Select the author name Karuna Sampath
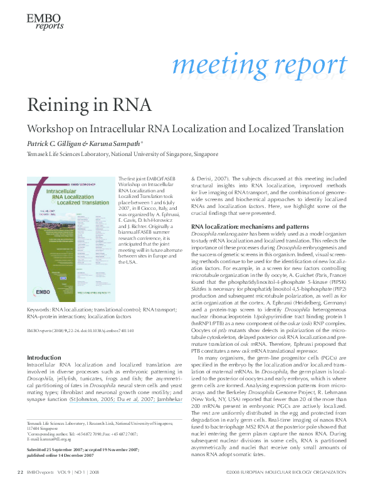coord(110,143)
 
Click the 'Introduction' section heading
coord(44,357)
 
